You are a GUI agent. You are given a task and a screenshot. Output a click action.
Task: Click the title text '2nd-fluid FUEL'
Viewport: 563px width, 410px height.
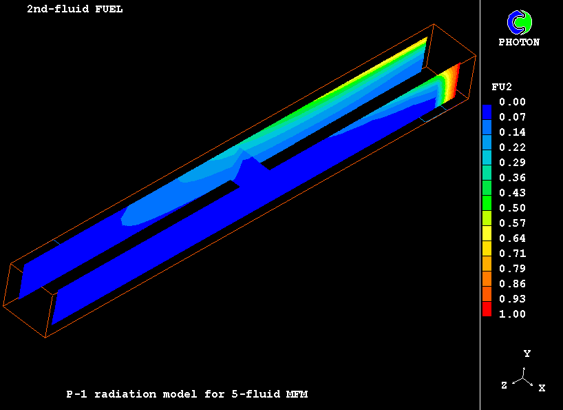(x=75, y=9)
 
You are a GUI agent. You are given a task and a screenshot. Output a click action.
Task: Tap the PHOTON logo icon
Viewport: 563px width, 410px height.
(x=519, y=22)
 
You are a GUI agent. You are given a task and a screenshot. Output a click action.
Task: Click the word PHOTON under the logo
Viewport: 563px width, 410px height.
(x=519, y=43)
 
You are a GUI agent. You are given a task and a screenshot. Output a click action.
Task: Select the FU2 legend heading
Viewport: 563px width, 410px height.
(x=502, y=87)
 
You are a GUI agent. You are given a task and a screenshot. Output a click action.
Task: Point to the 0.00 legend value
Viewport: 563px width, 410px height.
(x=512, y=102)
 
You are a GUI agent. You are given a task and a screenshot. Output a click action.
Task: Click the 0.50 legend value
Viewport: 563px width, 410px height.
(x=512, y=208)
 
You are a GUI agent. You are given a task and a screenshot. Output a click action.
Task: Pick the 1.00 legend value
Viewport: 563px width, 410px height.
(x=512, y=314)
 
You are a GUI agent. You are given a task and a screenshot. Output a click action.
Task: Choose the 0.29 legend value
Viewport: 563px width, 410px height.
(x=512, y=163)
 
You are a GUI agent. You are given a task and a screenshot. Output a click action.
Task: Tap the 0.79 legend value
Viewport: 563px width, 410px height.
(x=512, y=269)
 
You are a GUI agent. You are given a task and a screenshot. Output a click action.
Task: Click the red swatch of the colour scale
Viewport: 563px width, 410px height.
(x=487, y=309)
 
